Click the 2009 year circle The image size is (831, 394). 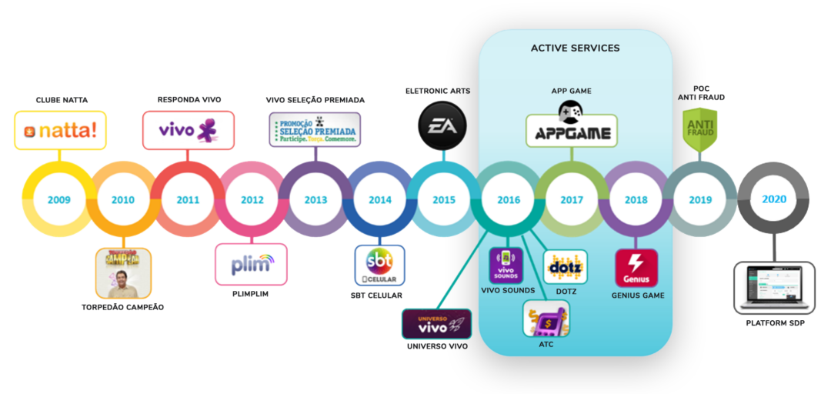(58, 200)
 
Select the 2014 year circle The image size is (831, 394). (380, 200)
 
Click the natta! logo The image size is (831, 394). (61, 130)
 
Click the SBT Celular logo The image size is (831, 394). (379, 265)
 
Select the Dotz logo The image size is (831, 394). (566, 267)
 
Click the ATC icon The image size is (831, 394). (546, 319)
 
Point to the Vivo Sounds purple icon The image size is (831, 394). (507, 265)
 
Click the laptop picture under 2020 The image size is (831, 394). (774, 287)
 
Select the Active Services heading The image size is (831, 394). (575, 48)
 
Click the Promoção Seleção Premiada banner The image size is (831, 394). (314, 129)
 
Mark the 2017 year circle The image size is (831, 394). (572, 200)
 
